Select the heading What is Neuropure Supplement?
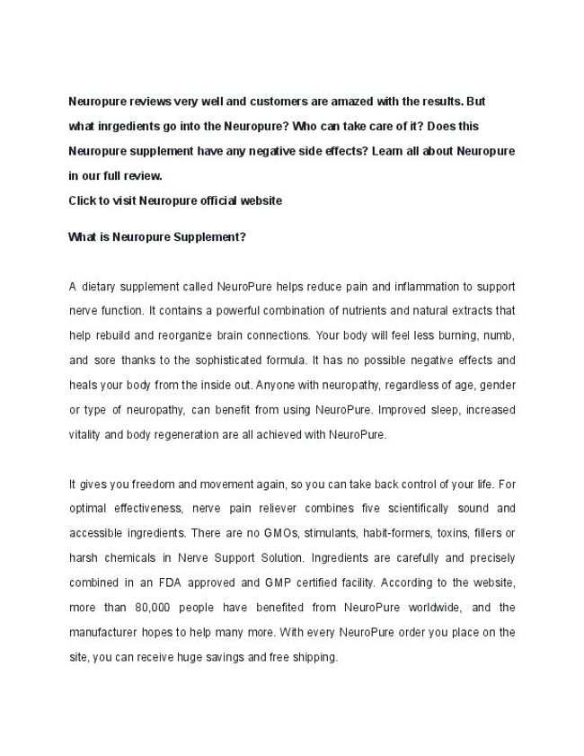point(157,238)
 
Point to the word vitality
point(87,433)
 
